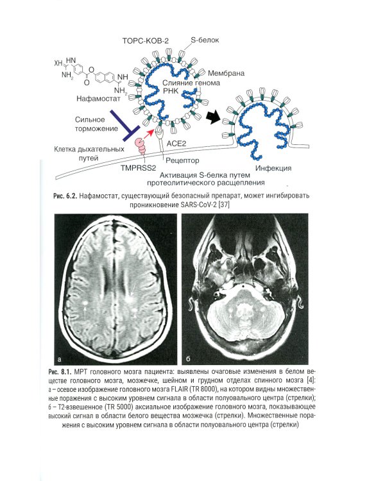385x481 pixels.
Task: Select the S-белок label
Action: (x=205, y=40)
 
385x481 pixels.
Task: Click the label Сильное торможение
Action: (x=96, y=124)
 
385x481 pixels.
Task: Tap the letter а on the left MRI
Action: (x=60, y=359)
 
